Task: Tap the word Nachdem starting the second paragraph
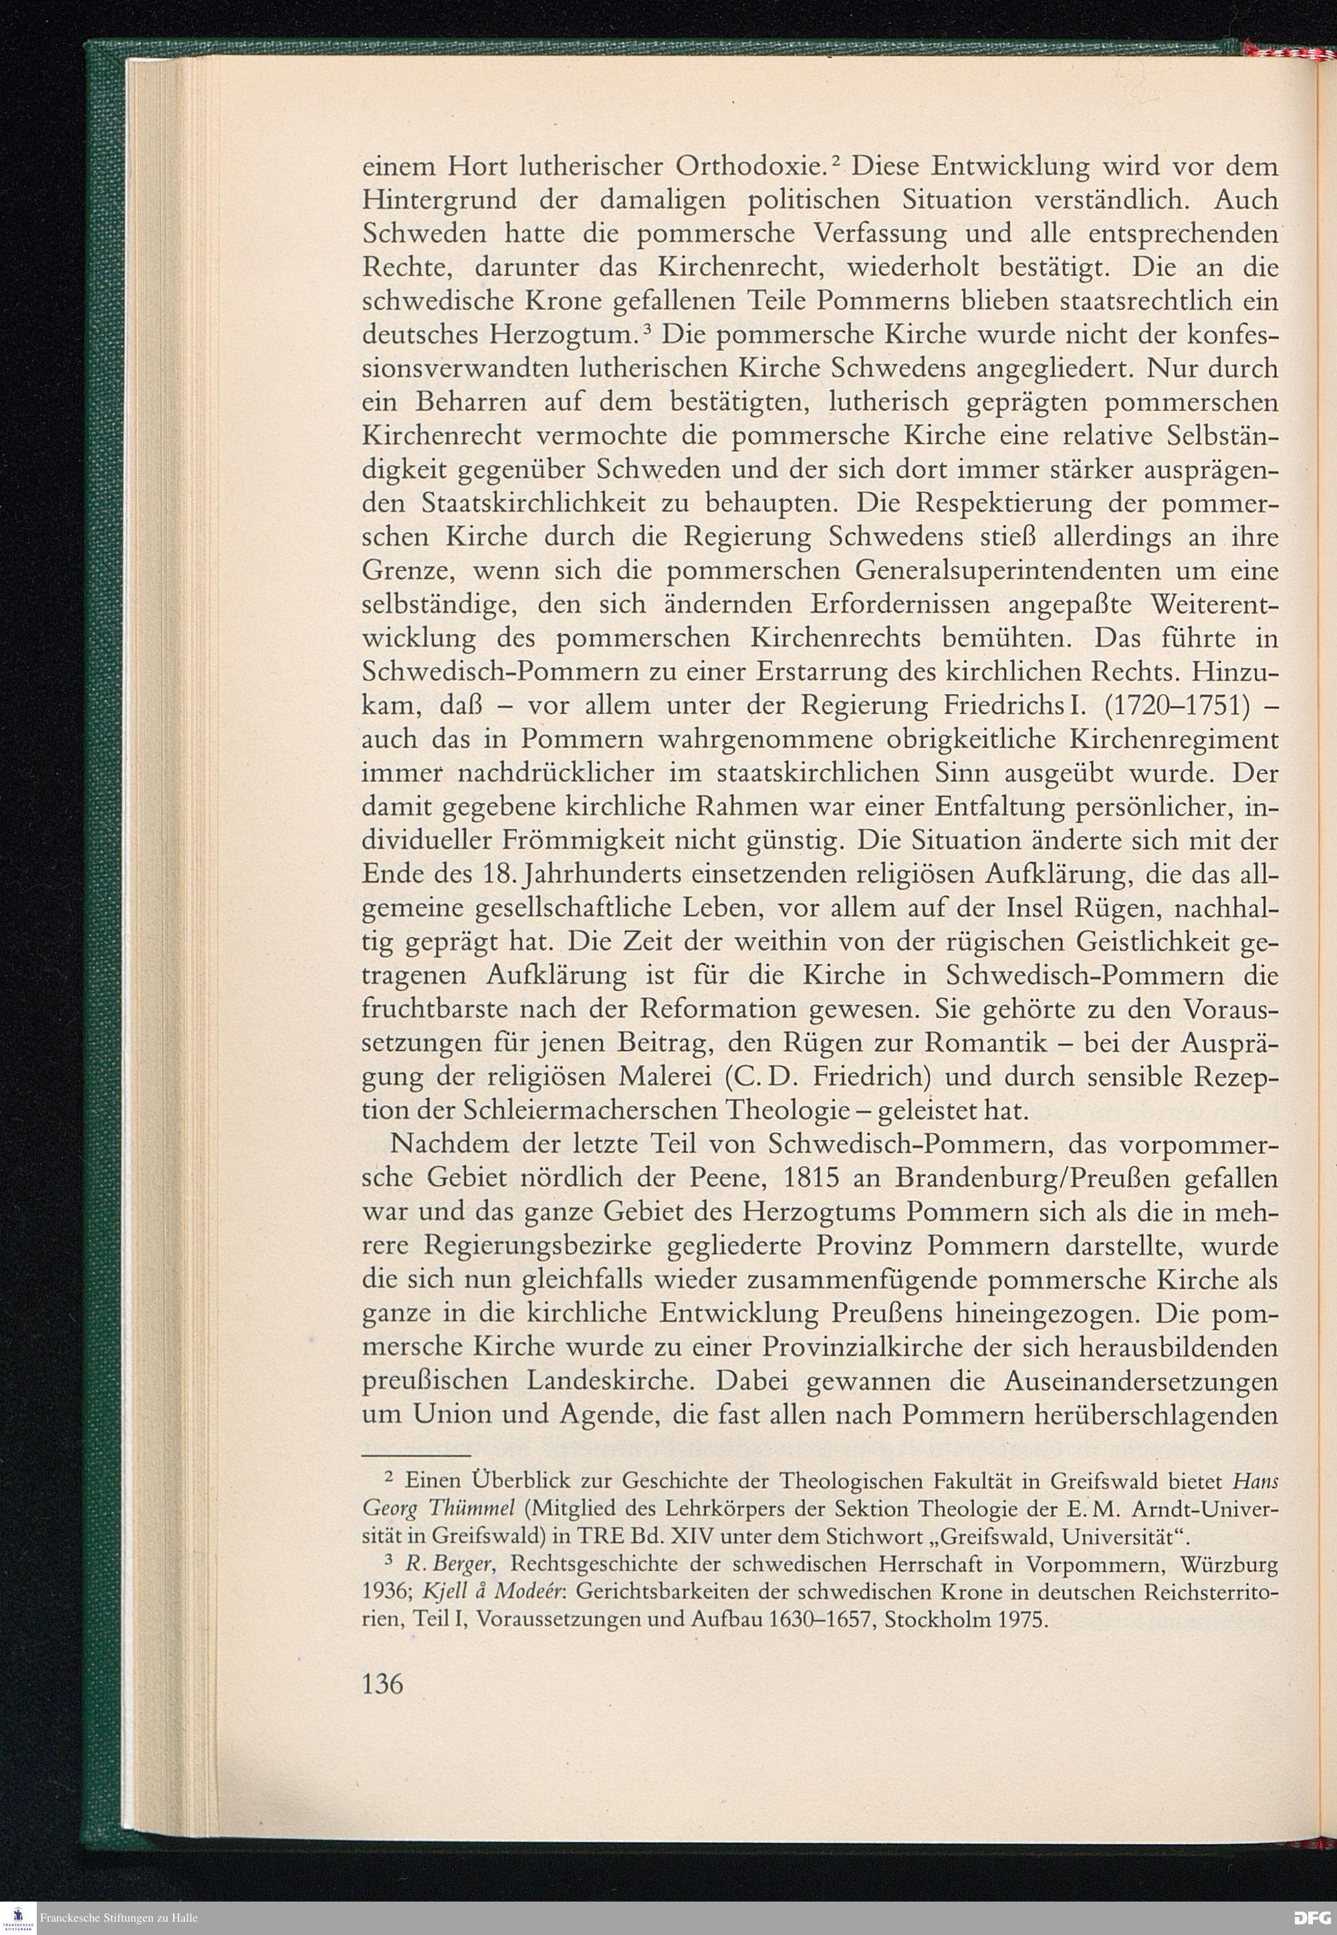point(448,1144)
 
